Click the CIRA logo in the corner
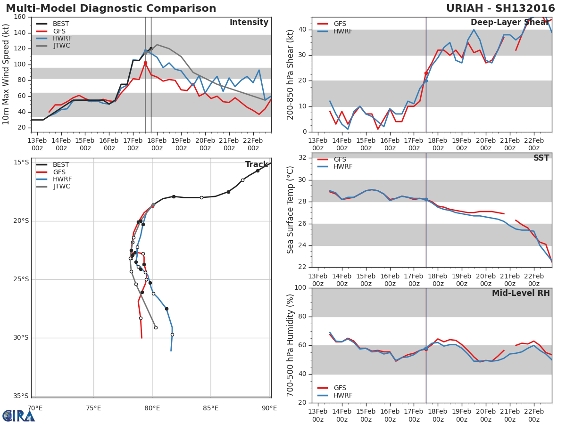[x=18, y=416]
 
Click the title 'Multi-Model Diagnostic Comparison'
[x=111, y=8]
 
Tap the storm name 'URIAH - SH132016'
[x=500, y=8]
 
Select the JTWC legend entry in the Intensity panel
[x=53, y=46]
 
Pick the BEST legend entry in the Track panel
[x=53, y=164]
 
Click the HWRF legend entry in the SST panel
[x=335, y=167]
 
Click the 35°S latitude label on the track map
[x=21, y=396]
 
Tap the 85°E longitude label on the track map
[x=211, y=408]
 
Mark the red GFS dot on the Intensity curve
[x=145, y=63]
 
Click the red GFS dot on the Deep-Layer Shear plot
[x=426, y=73]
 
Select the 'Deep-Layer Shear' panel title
[x=510, y=23]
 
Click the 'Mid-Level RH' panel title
[x=521, y=293]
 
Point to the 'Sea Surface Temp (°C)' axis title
[x=290, y=210]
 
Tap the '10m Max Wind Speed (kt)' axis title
[x=5, y=74]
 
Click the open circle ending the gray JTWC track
[x=156, y=328]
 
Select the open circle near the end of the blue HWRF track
[x=172, y=335]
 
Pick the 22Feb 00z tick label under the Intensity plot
[x=253, y=145]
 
